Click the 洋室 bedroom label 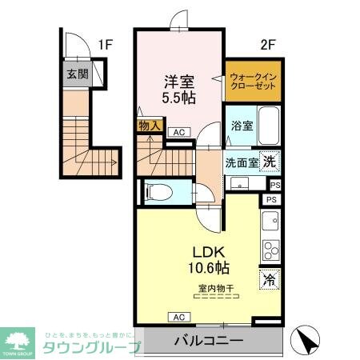(x=178, y=81)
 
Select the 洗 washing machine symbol (x=271, y=161)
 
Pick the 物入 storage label (x=150, y=126)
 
